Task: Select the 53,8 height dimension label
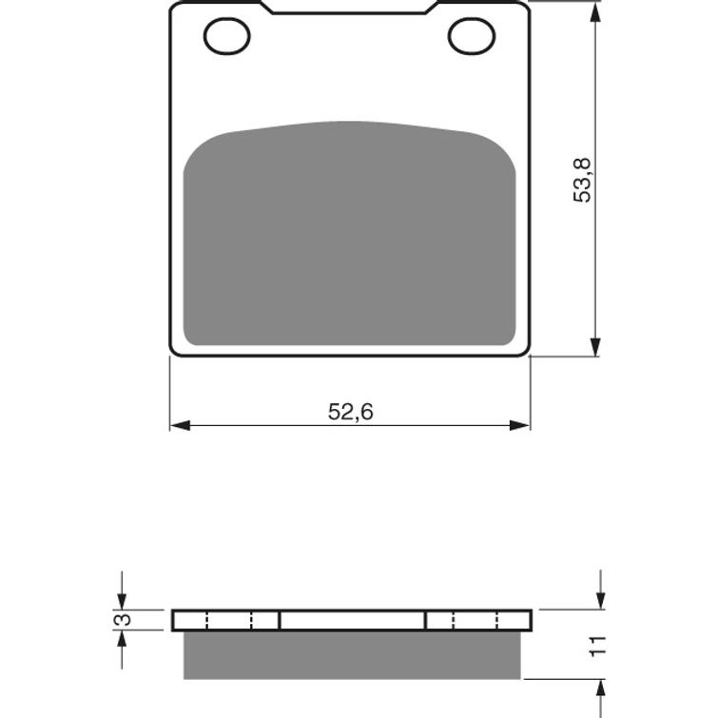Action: (x=582, y=180)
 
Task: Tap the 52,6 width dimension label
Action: (x=350, y=412)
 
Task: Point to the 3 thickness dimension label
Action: (x=123, y=620)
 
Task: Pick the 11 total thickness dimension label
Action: (x=597, y=647)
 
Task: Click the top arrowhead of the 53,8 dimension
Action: (x=594, y=12)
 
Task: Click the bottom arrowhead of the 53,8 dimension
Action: (x=594, y=346)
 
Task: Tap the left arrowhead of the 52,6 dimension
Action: (x=180, y=425)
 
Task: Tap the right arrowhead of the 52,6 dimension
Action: (x=520, y=425)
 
